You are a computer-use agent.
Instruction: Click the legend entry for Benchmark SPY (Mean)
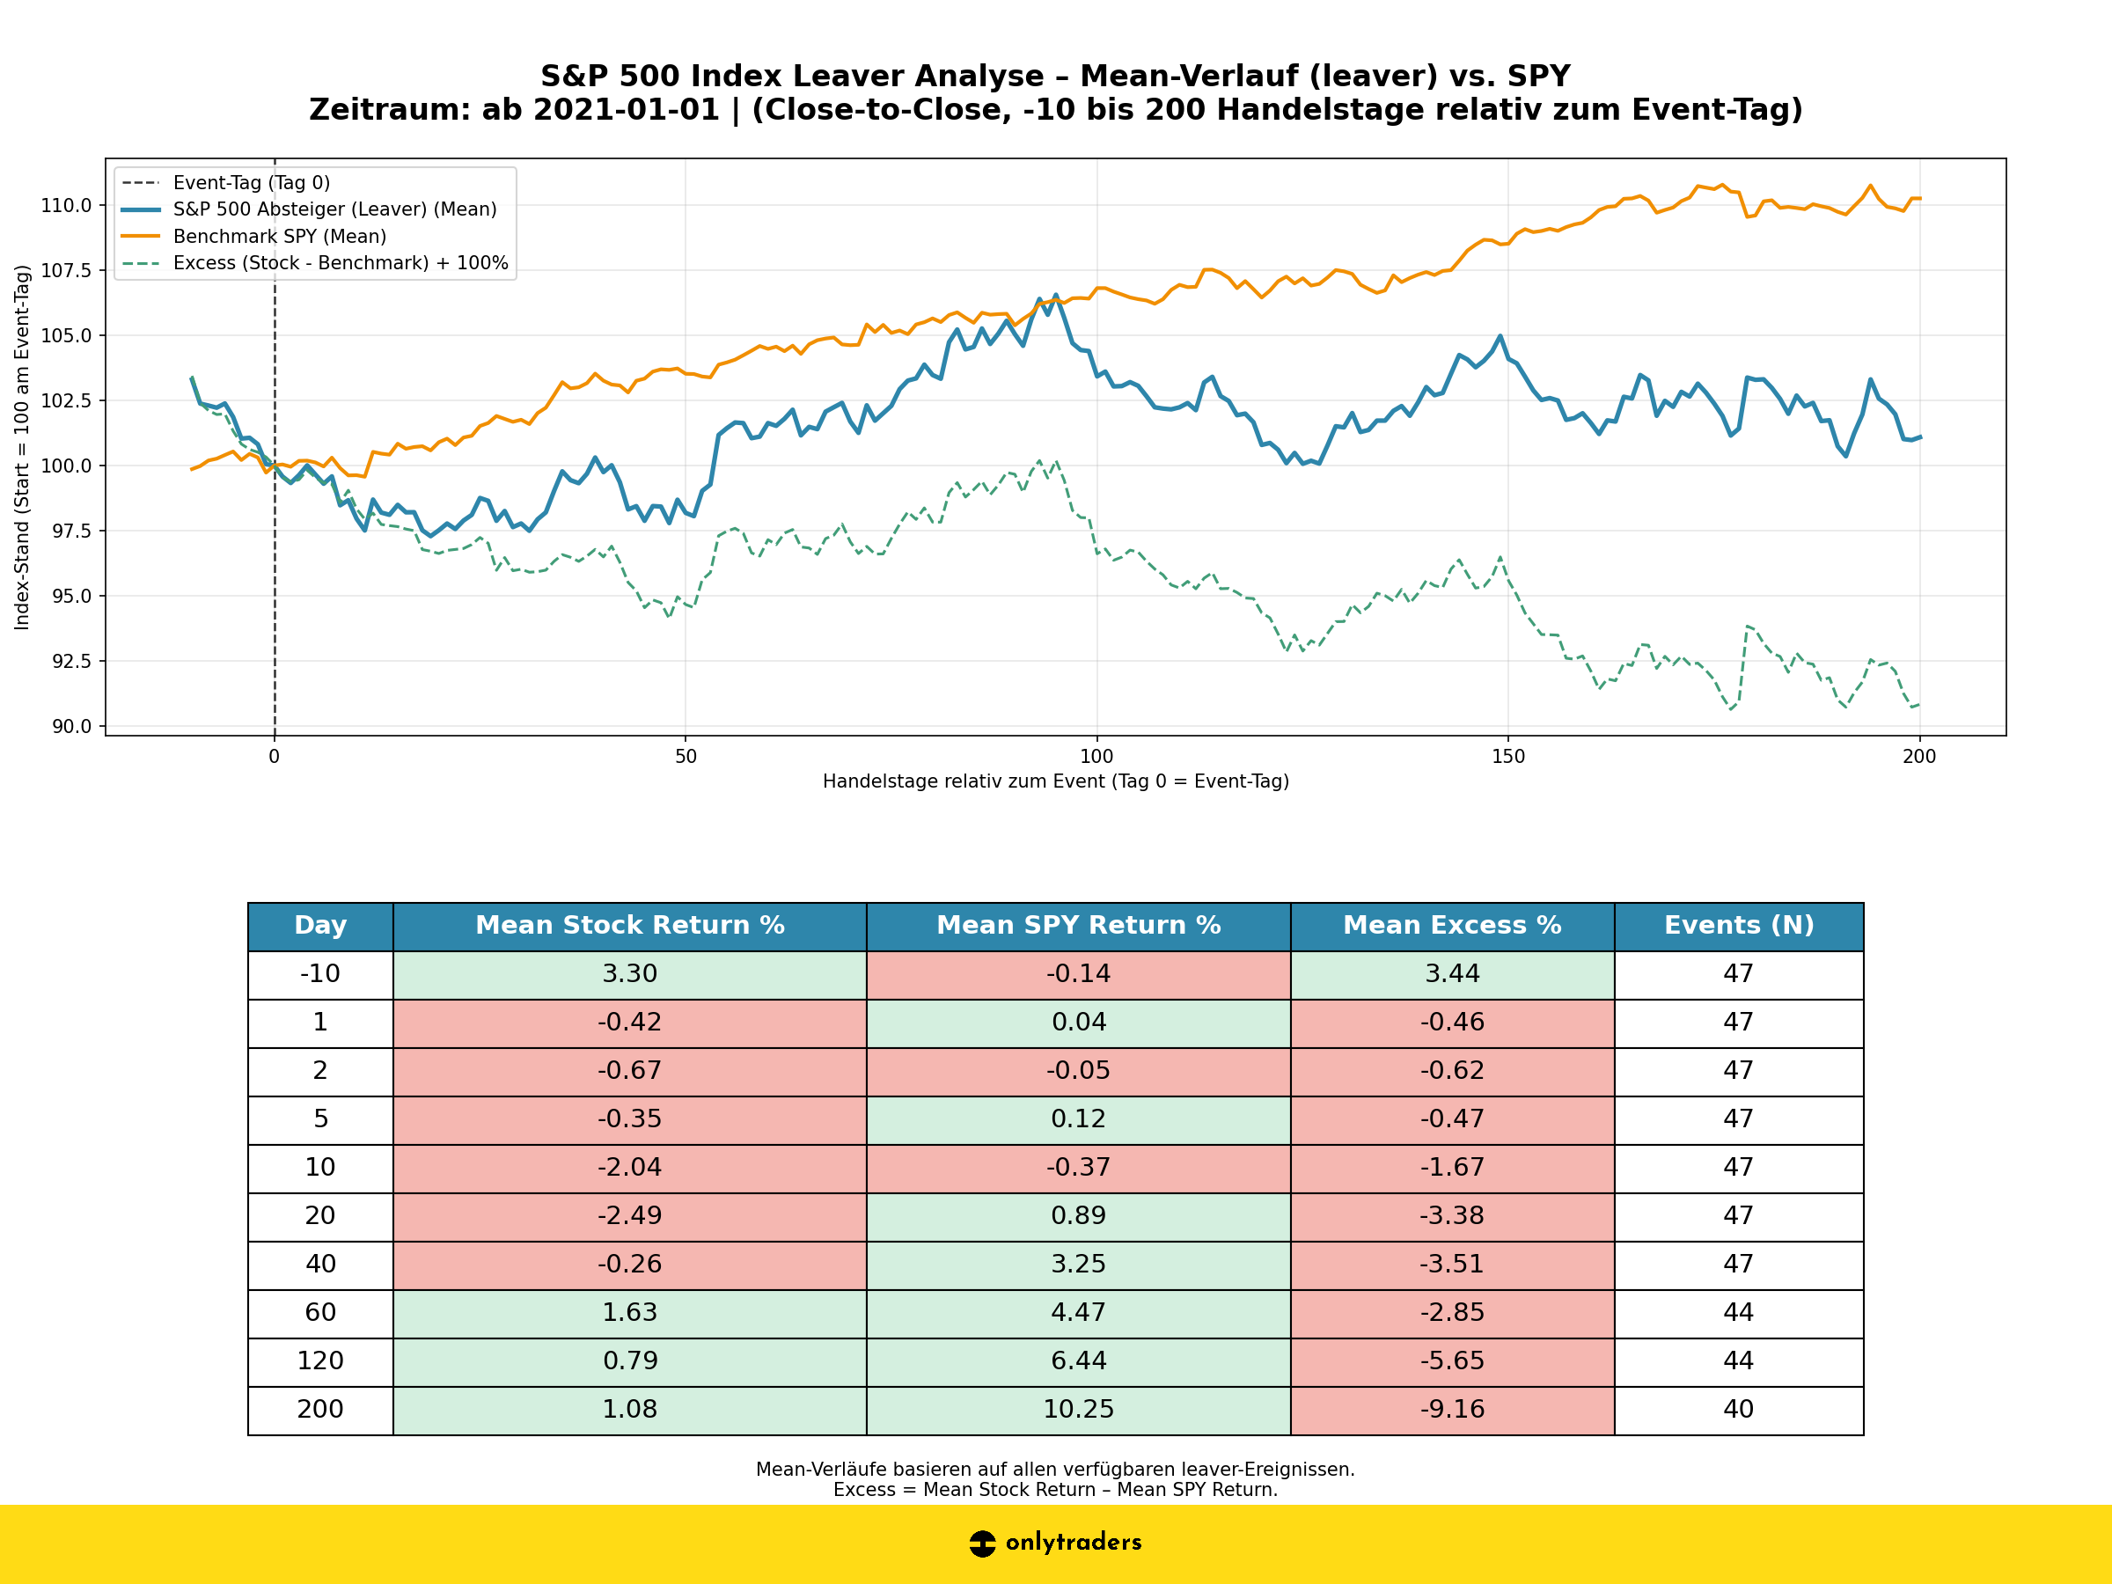(279, 236)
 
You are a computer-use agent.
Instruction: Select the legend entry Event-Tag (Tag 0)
(251, 182)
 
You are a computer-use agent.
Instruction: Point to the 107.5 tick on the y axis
(66, 270)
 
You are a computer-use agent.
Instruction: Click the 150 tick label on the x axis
(1507, 757)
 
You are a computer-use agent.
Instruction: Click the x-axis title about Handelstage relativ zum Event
(1055, 782)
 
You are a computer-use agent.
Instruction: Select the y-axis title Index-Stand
(22, 447)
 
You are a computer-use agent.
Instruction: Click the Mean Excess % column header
(1451, 925)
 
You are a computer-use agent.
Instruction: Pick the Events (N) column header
(1738, 925)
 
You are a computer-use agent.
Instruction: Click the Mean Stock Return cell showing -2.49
(629, 1215)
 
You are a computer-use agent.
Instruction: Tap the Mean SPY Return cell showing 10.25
(1078, 1409)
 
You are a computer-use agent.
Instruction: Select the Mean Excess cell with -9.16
(1451, 1409)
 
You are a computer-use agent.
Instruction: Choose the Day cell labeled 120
(319, 1360)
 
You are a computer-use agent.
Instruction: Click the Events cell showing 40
(1738, 1409)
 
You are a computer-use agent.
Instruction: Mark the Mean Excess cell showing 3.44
(1451, 974)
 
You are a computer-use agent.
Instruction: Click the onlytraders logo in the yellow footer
(1055, 1543)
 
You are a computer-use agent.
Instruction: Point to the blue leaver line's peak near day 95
(1055, 295)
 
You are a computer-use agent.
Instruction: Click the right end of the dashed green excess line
(1918, 705)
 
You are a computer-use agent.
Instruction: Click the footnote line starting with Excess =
(1055, 1490)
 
